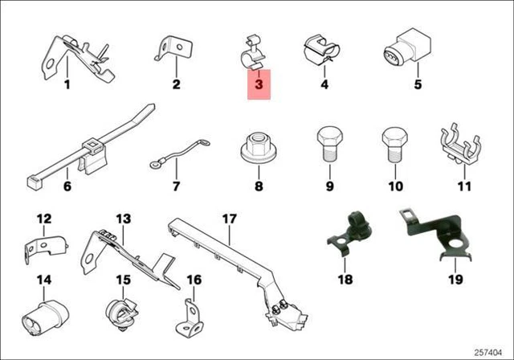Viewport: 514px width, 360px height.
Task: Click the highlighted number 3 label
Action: point(259,84)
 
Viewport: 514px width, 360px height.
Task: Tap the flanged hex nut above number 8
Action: point(259,148)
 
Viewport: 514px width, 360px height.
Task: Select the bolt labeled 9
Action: point(330,144)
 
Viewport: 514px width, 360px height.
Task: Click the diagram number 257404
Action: point(487,353)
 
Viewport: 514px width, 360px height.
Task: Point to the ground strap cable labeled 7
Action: point(179,153)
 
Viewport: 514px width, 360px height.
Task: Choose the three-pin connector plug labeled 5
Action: point(407,48)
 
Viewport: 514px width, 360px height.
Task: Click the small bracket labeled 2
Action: point(173,48)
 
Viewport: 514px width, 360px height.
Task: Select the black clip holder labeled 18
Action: point(350,235)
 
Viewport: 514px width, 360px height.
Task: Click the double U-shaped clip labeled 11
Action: point(463,145)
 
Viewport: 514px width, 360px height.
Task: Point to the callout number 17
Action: point(229,219)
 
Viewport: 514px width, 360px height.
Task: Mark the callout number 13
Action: point(123,219)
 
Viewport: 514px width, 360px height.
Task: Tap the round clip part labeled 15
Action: point(123,313)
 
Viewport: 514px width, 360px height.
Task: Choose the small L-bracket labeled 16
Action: point(190,317)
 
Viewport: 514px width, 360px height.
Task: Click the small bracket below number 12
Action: point(47,247)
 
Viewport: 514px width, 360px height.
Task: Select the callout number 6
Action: point(67,186)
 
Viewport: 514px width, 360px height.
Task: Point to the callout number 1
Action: point(67,84)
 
